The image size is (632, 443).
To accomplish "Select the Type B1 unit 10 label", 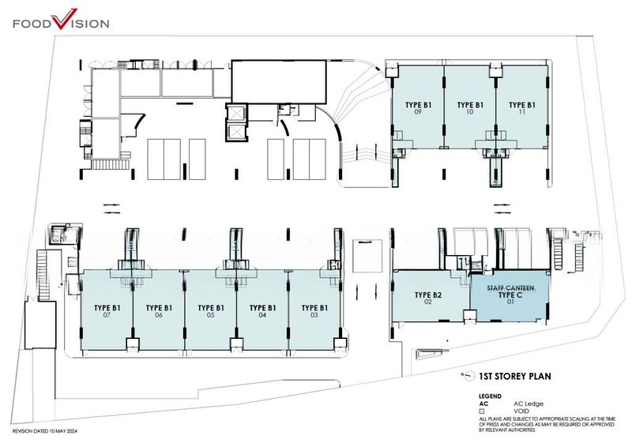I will [469, 107].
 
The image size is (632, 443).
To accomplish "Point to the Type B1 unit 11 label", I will [522, 107].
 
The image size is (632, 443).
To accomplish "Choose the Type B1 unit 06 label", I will [159, 310].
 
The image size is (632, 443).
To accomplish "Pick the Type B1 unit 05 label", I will [211, 310].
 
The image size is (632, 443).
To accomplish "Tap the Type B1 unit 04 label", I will [262, 310].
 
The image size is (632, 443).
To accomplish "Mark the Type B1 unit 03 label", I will [314, 310].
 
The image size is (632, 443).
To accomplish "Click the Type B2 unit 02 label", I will [427, 298].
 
